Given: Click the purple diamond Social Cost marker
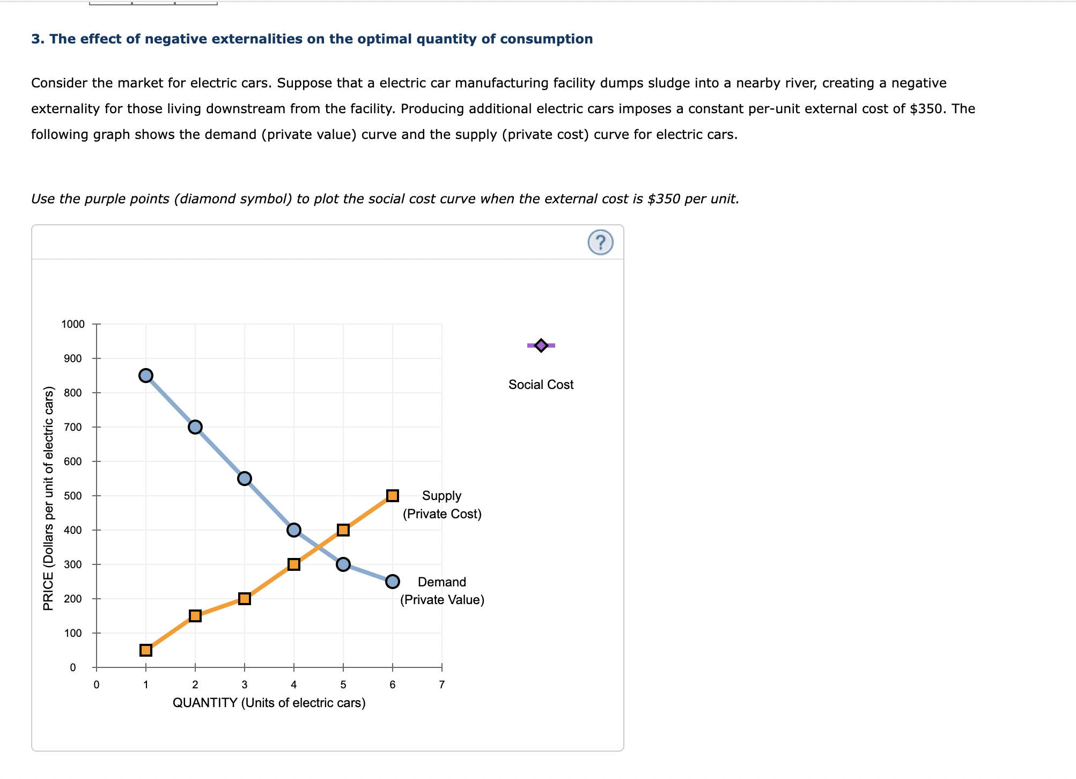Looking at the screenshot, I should (x=541, y=346).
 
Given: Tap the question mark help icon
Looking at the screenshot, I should (x=600, y=242).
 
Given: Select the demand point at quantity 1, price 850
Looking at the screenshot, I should (x=146, y=376).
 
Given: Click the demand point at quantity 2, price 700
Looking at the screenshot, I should (x=195, y=427).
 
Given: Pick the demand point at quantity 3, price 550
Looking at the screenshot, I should (x=245, y=479).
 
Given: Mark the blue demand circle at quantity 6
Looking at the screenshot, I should (x=393, y=582).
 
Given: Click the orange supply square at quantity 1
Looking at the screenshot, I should (x=146, y=650).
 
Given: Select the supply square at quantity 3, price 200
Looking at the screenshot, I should (x=245, y=599).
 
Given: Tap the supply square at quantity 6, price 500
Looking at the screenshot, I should (x=393, y=496).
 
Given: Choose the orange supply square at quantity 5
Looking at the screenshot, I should (x=343, y=530).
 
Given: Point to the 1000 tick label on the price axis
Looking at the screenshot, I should (x=73, y=324).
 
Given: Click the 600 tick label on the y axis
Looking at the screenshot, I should (x=73, y=461).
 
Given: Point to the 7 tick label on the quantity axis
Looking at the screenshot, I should (x=442, y=685).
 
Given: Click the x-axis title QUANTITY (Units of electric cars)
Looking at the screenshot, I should (x=269, y=703).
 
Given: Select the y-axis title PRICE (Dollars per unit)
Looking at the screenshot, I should (x=48, y=498).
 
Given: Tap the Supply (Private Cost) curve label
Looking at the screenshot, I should (x=442, y=505).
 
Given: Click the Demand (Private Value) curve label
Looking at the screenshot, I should (x=442, y=591).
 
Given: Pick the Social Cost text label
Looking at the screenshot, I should (x=541, y=385).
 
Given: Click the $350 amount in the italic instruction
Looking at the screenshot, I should (x=664, y=199).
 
